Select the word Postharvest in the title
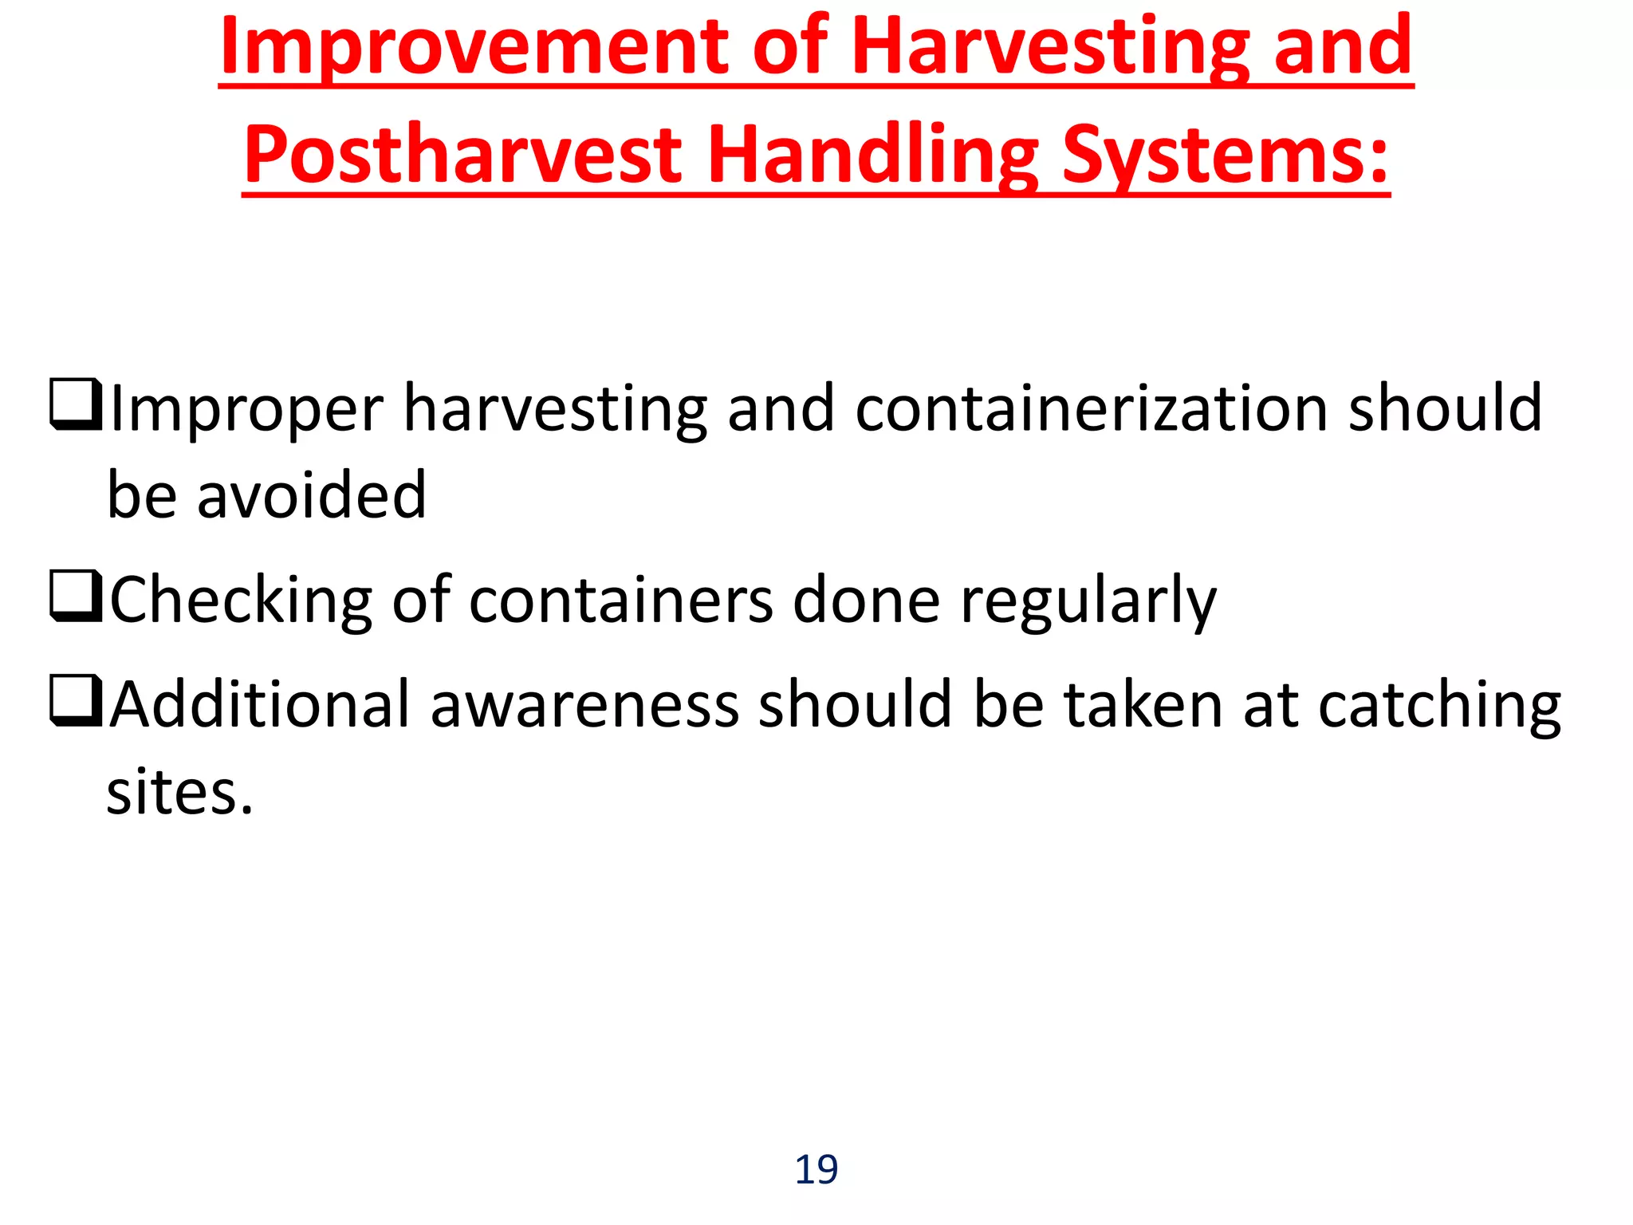click(x=462, y=156)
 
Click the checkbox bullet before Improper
click(x=76, y=405)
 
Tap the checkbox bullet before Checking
click(x=76, y=596)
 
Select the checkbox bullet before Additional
click(x=76, y=701)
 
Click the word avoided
click(x=311, y=495)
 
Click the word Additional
click(x=259, y=704)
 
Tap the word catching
click(x=1439, y=706)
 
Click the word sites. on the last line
click(x=179, y=793)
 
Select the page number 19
click(x=816, y=1170)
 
